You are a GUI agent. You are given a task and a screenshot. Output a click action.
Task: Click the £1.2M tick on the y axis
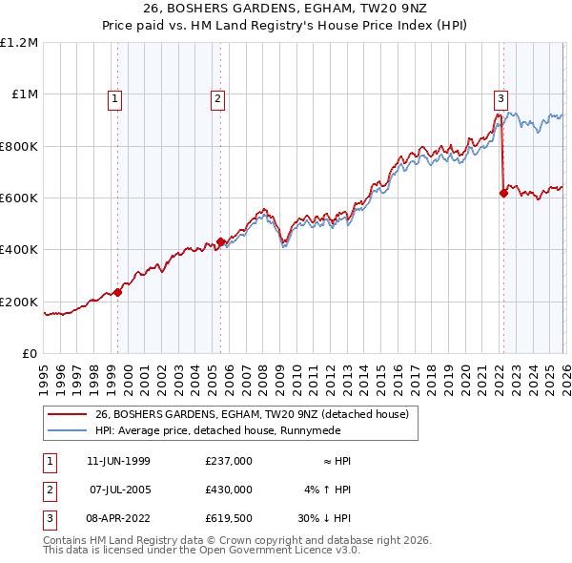(19, 43)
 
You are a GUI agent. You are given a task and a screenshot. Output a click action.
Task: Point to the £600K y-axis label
(19, 198)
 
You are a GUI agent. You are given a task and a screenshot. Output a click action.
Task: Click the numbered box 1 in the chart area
(114, 96)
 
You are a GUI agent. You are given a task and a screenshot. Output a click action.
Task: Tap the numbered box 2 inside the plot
(217, 96)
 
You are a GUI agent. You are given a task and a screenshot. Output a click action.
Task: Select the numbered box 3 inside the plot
(500, 96)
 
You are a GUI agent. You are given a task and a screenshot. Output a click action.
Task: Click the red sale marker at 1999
(118, 292)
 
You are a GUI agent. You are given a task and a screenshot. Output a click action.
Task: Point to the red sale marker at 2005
(220, 242)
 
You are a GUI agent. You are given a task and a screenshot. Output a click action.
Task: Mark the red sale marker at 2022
(502, 193)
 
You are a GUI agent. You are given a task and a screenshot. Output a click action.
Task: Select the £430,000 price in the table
(228, 489)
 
